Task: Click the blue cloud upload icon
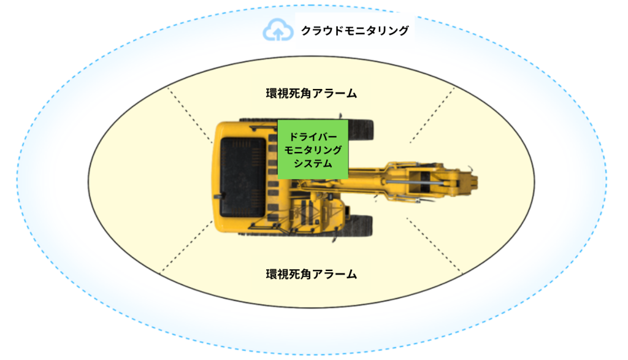click(x=275, y=30)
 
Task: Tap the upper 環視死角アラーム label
click(x=311, y=94)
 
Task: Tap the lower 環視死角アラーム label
click(x=311, y=274)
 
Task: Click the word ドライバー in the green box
click(x=312, y=136)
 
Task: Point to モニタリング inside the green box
click(x=312, y=150)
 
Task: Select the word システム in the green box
click(x=312, y=164)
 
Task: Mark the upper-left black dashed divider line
click(x=190, y=113)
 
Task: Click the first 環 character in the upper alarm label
click(x=271, y=94)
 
